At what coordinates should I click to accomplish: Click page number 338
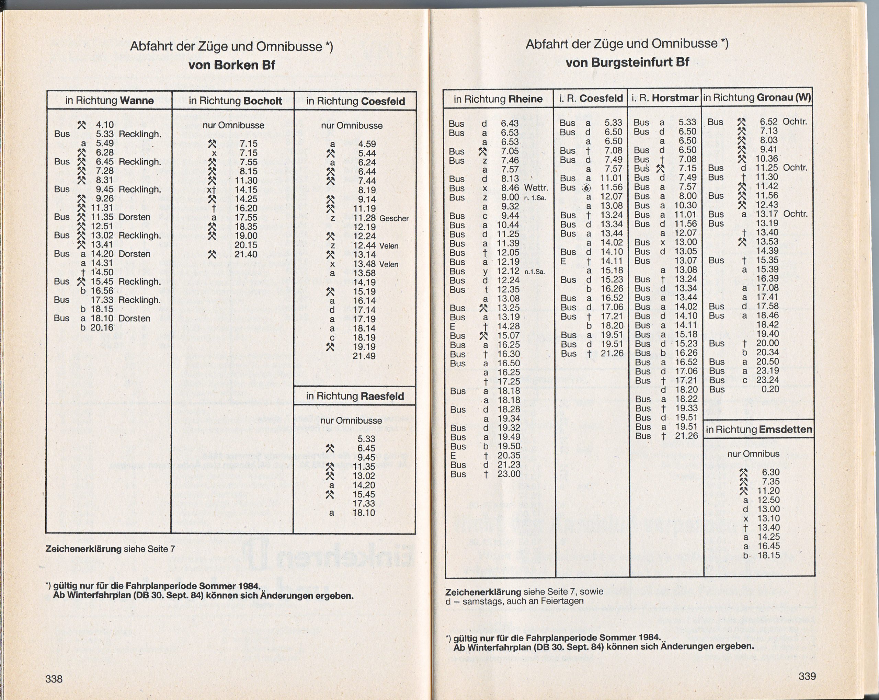[x=54, y=678]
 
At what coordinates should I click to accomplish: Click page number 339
[x=807, y=676]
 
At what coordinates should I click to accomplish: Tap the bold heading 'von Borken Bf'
[x=231, y=65]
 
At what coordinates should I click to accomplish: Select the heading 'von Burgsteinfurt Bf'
[x=627, y=62]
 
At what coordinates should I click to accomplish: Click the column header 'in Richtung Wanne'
[x=109, y=101]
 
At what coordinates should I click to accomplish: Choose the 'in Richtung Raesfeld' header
[x=355, y=396]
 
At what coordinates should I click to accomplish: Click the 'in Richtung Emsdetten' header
[x=759, y=429]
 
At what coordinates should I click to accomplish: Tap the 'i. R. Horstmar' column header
[x=664, y=98]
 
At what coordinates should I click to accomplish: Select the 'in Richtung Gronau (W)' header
[x=757, y=97]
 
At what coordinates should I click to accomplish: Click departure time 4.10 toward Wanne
[x=104, y=125]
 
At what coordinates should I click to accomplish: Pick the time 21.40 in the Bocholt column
[x=246, y=254]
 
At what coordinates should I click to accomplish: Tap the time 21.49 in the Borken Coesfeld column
[x=364, y=356]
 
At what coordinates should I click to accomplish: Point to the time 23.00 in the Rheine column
[x=509, y=474]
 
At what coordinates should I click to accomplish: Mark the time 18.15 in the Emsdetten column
[x=768, y=555]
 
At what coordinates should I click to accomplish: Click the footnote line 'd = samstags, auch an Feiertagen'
[x=514, y=601]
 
